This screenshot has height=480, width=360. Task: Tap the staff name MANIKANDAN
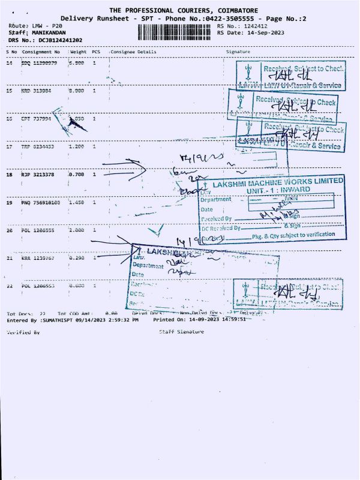pyautogui.click(x=49, y=33)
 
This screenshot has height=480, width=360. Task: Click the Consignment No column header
pyautogui.click(x=41, y=52)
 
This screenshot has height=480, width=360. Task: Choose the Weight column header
pyautogui.click(x=79, y=52)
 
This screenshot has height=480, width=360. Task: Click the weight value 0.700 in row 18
pyautogui.click(x=77, y=175)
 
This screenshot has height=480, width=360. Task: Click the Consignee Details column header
pyautogui.click(x=133, y=52)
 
